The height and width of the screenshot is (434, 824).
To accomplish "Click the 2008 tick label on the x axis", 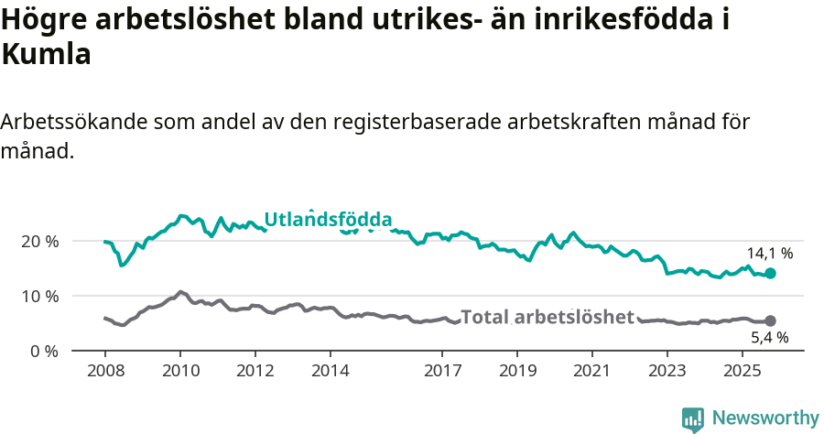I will [x=104, y=371].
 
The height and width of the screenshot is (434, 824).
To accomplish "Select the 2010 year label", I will [x=179, y=371].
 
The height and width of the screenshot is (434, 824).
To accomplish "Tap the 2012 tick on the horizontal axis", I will [x=255, y=371].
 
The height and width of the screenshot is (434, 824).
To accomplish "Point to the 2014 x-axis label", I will [x=330, y=371].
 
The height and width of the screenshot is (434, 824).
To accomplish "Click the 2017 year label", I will [x=442, y=371].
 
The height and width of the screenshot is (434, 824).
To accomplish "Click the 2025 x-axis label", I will [x=742, y=371].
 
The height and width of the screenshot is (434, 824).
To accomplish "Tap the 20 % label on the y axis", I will [x=39, y=241].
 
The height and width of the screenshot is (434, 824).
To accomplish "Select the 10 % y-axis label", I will [x=39, y=296].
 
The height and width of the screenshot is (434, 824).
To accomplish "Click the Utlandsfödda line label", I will [x=328, y=220].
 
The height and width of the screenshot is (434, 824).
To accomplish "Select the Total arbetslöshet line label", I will [x=548, y=317].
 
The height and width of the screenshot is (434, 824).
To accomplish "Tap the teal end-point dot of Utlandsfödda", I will [x=771, y=273].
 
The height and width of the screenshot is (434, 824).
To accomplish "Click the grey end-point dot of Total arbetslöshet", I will [x=771, y=321].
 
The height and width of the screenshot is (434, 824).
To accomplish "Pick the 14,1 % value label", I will [x=769, y=254].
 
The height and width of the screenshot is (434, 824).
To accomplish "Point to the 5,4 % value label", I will [x=769, y=338].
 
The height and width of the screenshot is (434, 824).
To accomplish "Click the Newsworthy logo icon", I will [x=693, y=418].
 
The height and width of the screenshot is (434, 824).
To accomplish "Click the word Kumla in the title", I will [x=47, y=55].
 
